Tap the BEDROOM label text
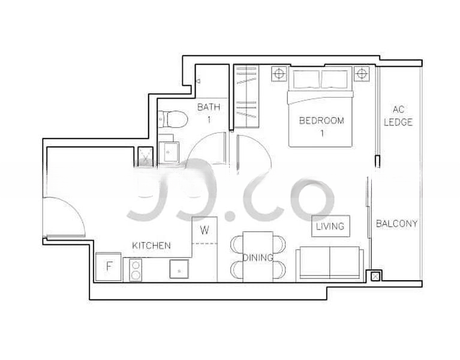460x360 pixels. point(321,121)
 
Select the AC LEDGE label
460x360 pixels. point(398,116)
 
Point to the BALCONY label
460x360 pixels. point(396,224)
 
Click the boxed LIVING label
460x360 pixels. point(330,226)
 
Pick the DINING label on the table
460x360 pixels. point(258,257)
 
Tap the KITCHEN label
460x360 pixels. point(151,245)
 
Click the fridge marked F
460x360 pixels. point(109,266)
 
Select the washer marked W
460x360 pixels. point(205,230)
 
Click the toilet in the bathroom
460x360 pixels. point(173,119)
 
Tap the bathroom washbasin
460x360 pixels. point(169,152)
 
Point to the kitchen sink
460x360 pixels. point(179,269)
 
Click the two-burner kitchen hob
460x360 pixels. point(136,270)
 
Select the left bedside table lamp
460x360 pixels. point(279,73)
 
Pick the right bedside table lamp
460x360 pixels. point(362,73)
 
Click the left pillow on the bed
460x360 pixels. point(306,79)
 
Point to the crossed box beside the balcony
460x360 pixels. point(375,276)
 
